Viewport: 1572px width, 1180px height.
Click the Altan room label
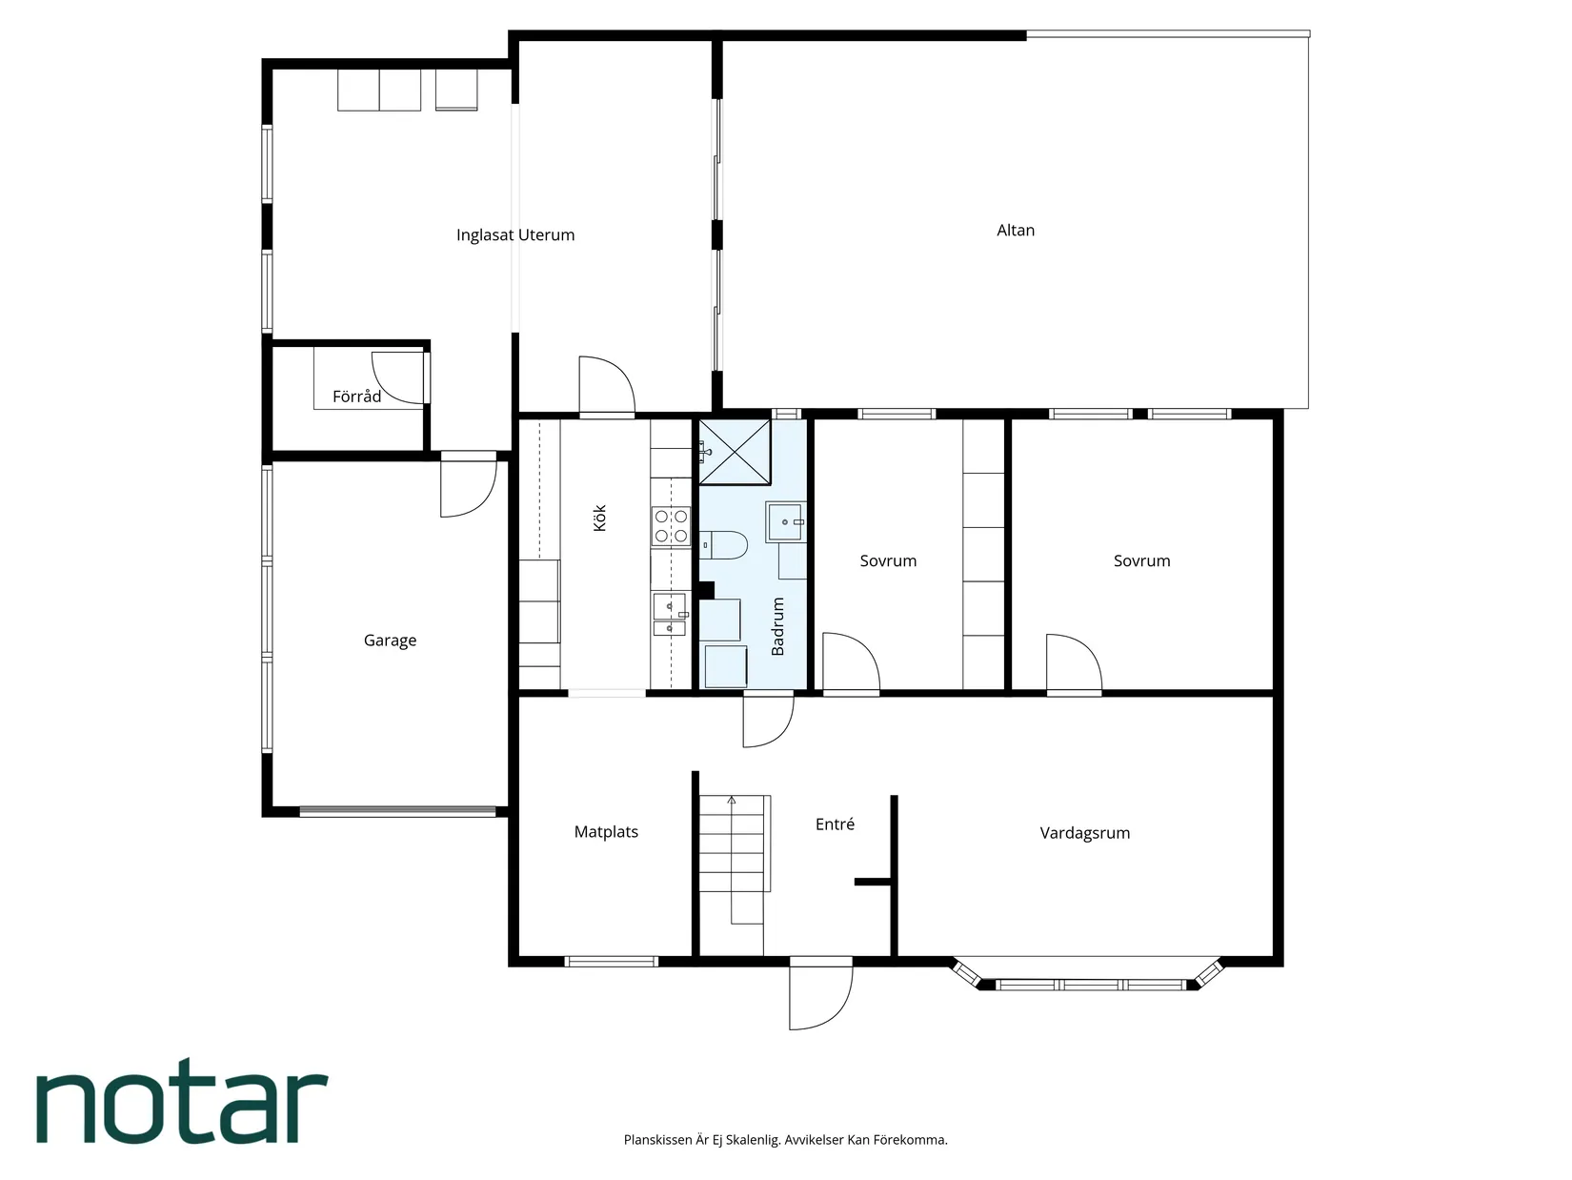pos(1015,230)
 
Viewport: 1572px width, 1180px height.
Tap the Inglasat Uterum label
pos(514,235)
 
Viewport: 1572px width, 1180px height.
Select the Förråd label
pos(356,397)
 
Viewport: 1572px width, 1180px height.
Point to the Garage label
pos(390,641)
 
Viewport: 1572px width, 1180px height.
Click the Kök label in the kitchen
pos(599,518)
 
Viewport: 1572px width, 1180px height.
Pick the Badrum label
pos(777,626)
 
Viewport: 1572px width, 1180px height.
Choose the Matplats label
pos(606,832)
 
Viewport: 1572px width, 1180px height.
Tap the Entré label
pos(835,824)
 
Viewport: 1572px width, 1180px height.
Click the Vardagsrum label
pos(1085,833)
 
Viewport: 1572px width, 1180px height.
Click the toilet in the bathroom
pos(723,545)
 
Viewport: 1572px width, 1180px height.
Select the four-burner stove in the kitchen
pos(671,526)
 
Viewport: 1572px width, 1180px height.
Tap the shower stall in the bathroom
pos(735,452)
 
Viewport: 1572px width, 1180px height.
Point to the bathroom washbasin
pos(786,521)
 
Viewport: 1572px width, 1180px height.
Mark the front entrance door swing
pos(820,994)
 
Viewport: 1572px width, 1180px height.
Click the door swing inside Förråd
pos(398,377)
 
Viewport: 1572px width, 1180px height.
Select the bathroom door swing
pos(769,720)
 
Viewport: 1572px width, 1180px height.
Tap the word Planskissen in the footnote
pos(658,1140)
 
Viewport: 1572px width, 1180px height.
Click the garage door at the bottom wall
pos(397,812)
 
